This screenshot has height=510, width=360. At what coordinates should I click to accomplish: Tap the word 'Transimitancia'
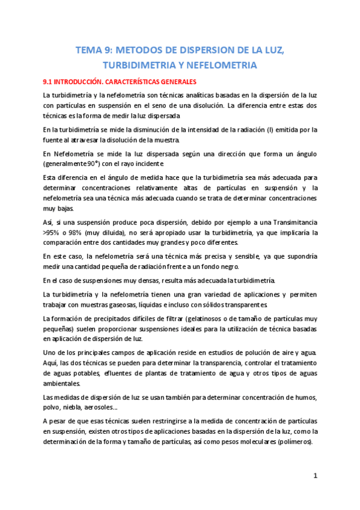point(285,221)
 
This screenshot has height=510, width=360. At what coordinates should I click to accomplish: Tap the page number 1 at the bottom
point(315,475)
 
